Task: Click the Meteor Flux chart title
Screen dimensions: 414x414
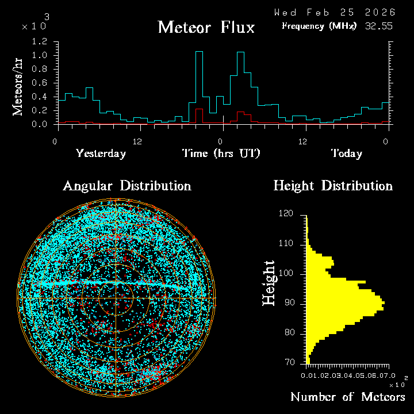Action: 206,27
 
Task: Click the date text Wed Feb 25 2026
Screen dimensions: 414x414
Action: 334,12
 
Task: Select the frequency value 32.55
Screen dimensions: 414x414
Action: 379,26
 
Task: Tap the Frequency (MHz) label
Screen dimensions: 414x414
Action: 319,26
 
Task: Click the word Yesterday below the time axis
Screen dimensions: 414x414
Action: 101,154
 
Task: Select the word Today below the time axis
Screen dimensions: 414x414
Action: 346,154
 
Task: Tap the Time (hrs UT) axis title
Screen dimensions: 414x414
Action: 221,154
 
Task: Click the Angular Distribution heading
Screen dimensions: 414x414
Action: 126,186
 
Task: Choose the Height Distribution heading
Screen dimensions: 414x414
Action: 333,186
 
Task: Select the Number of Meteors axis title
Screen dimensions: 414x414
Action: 347,397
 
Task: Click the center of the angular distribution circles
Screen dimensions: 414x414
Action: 116,298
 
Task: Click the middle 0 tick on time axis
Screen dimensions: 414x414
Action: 220,141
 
